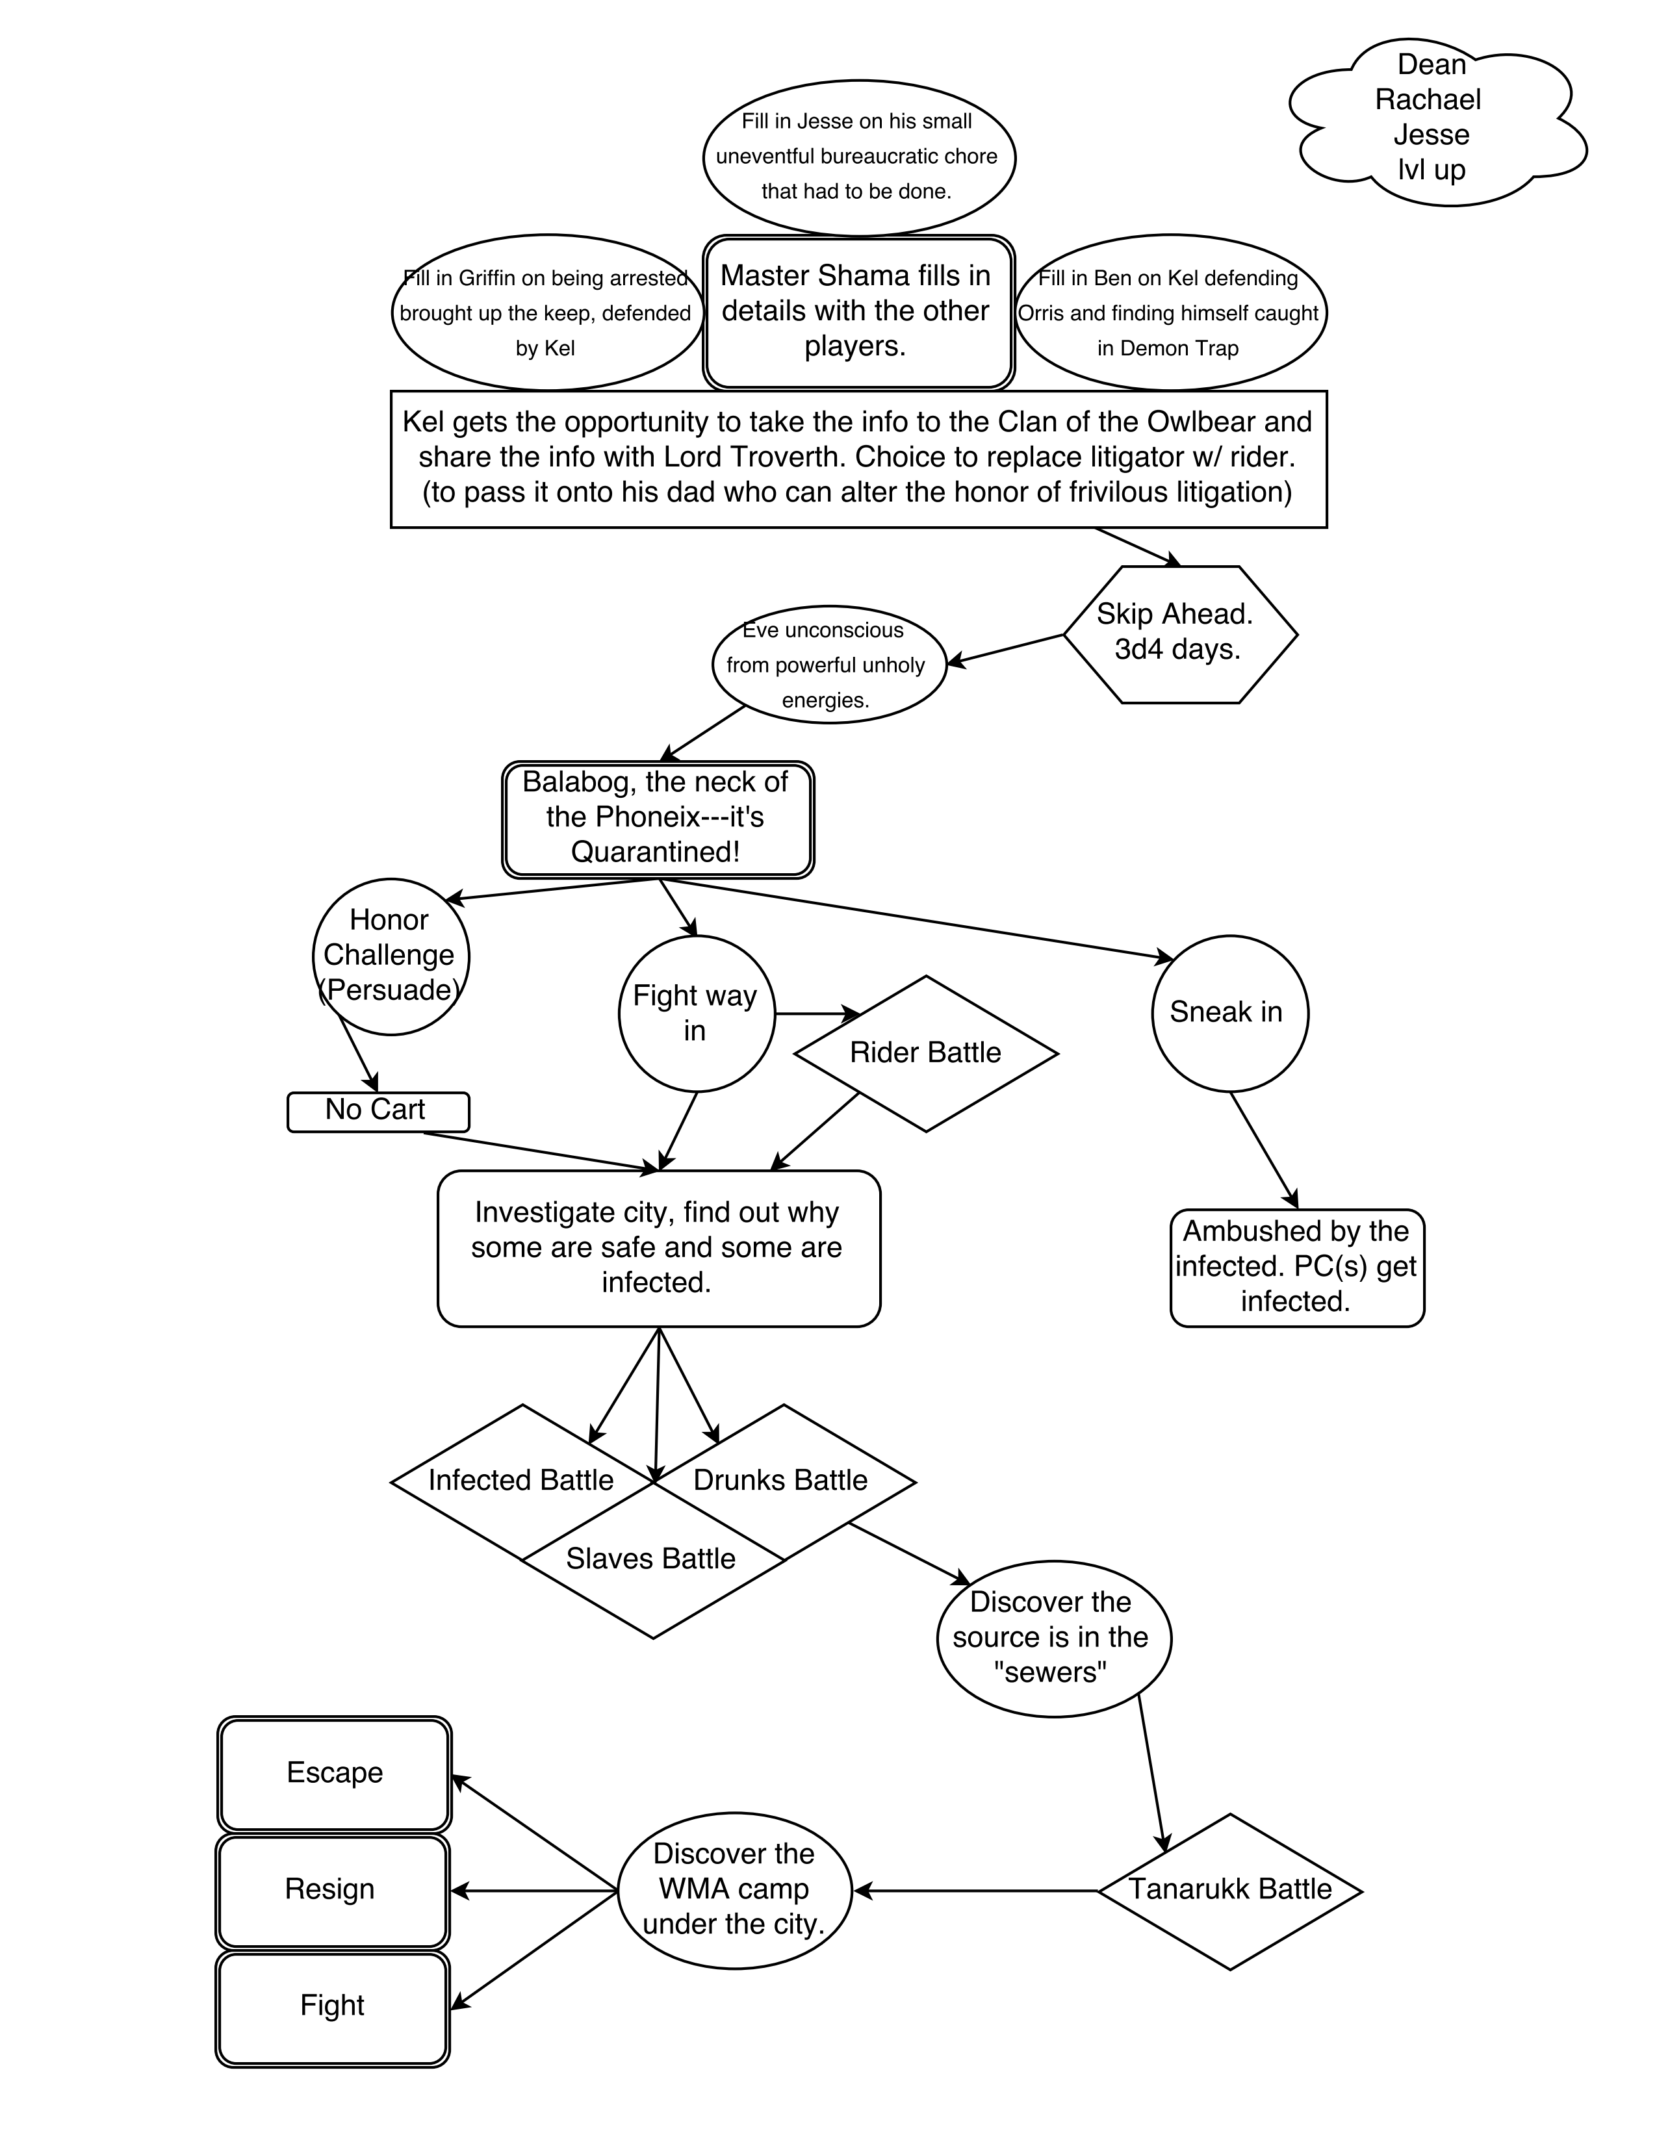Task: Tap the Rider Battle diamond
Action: coord(925,1053)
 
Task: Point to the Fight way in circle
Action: coord(696,1013)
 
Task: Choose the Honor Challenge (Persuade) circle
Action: coord(391,955)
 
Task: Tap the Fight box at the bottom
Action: coord(332,2006)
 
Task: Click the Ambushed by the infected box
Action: coord(1296,1266)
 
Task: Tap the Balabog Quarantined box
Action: coord(658,819)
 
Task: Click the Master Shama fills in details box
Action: coord(858,311)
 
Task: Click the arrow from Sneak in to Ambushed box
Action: coord(1265,1149)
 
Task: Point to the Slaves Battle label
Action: coord(651,1559)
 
